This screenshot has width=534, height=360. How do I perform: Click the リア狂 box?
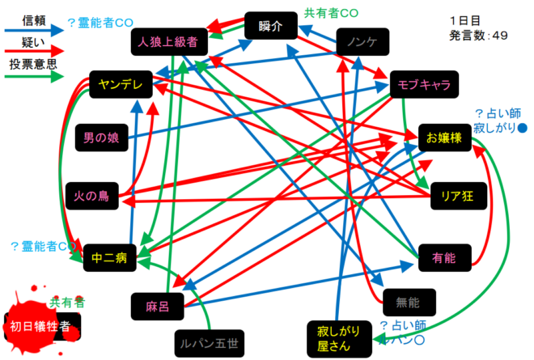(451, 195)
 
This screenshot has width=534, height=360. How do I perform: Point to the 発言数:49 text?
(478, 35)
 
